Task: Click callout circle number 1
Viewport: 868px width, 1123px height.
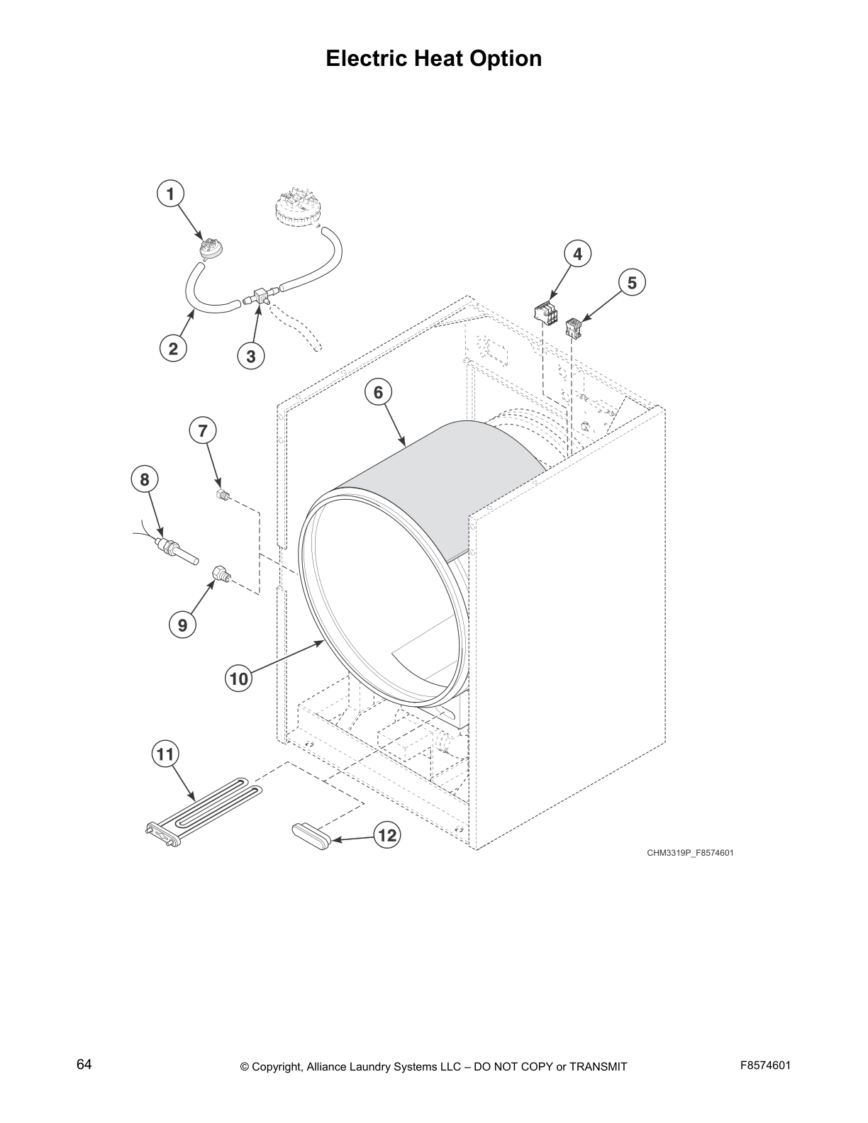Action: pyautogui.click(x=170, y=194)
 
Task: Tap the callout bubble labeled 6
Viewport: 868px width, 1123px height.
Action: pyautogui.click(x=378, y=392)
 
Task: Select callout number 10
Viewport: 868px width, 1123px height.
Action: pyautogui.click(x=239, y=678)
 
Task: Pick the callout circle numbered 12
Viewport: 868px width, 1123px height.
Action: pyautogui.click(x=386, y=836)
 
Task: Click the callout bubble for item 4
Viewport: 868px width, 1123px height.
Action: pyautogui.click(x=578, y=253)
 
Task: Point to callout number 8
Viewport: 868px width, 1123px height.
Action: pyautogui.click(x=145, y=480)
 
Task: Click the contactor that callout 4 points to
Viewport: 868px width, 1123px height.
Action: pyautogui.click(x=546, y=312)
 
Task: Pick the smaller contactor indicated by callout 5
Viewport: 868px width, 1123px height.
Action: pyautogui.click(x=574, y=328)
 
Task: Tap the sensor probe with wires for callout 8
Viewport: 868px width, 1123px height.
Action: pyautogui.click(x=174, y=549)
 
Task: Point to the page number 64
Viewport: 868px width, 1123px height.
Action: pyautogui.click(x=84, y=1065)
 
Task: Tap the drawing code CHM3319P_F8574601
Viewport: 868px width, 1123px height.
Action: pyautogui.click(x=689, y=852)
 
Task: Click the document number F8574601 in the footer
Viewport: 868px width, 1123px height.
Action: pyautogui.click(x=764, y=1066)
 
